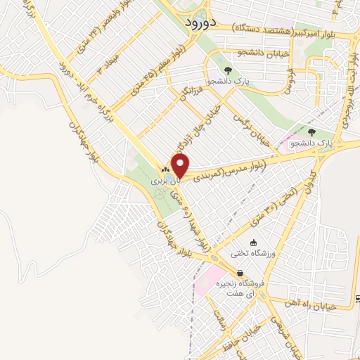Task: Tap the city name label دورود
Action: tap(198, 22)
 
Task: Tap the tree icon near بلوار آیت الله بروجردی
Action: tap(311, 131)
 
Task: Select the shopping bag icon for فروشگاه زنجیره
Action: tap(240, 274)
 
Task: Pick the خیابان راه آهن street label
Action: tap(323, 306)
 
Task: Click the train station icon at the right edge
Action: tap(357, 300)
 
